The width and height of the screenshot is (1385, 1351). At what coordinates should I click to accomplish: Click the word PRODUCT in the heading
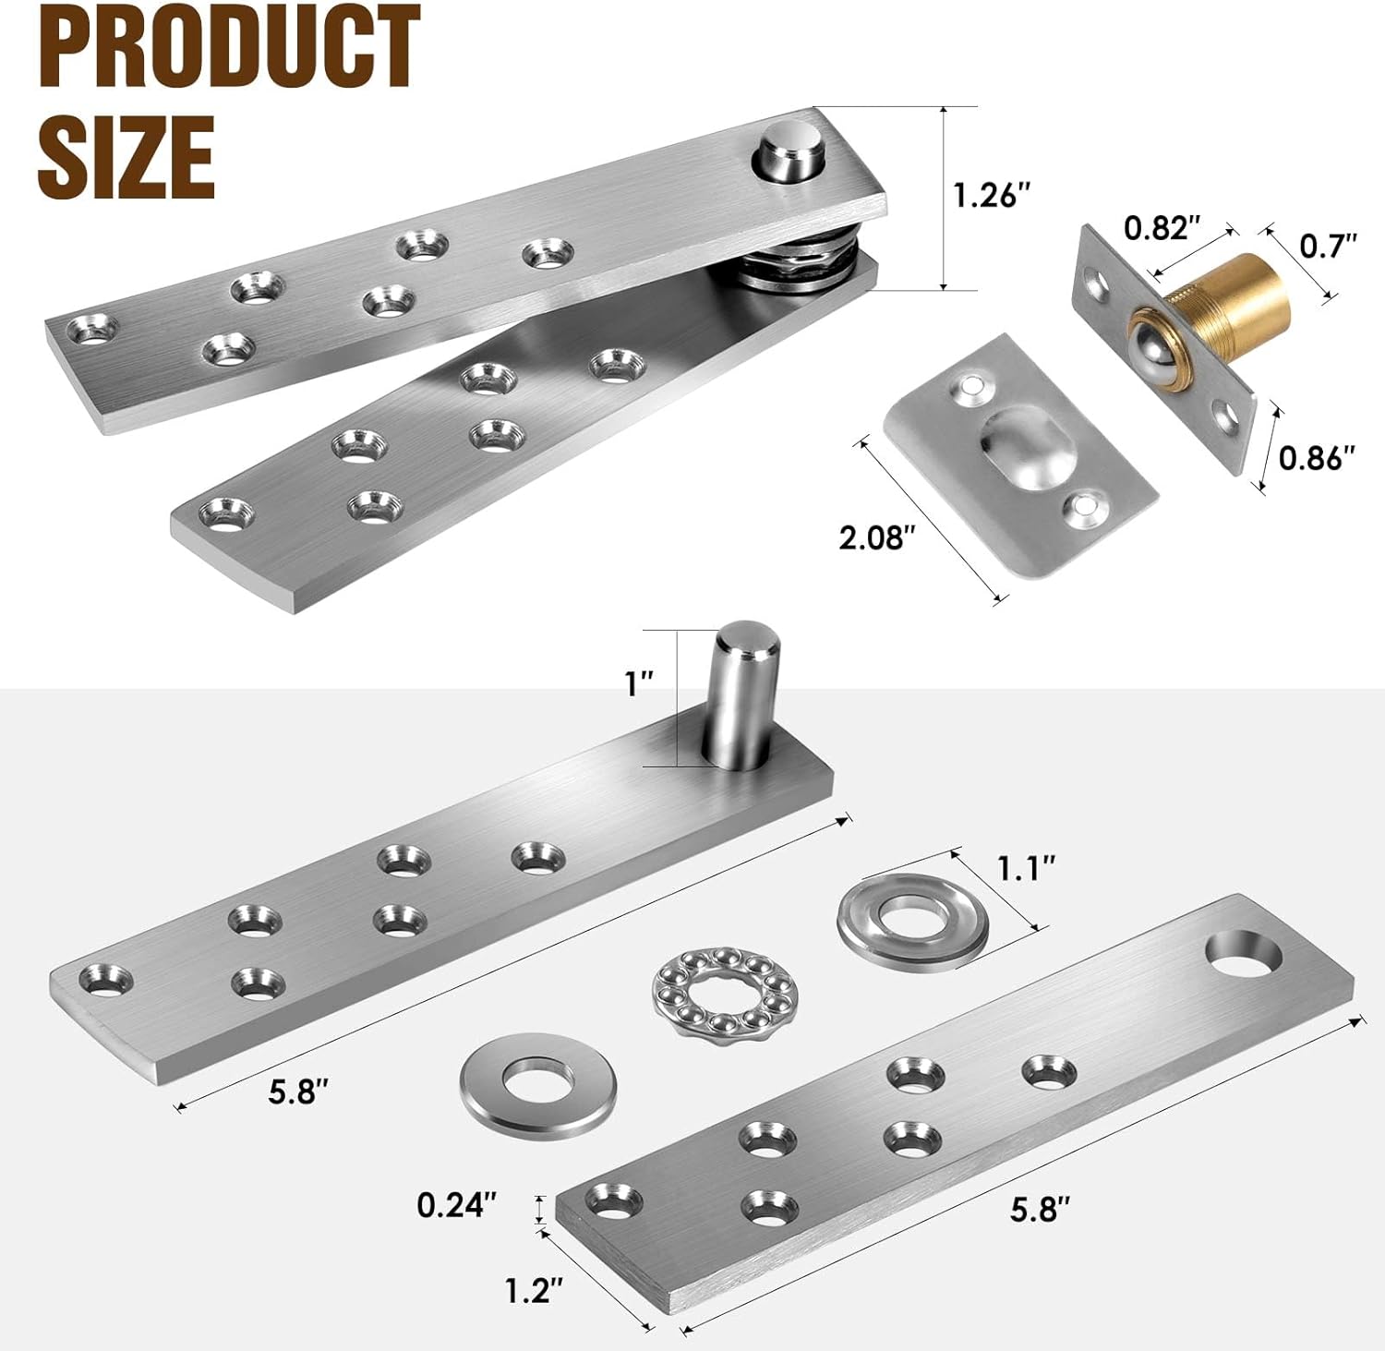point(229,46)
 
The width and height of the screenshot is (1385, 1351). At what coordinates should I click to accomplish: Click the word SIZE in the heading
point(126,155)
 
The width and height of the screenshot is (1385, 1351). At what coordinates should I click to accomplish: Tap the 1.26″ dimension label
point(992,196)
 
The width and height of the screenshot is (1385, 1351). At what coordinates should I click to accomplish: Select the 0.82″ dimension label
point(1162,228)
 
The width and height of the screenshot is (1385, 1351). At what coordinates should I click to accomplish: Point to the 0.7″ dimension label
point(1328,246)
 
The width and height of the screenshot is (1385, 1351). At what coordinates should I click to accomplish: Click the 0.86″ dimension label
point(1317,457)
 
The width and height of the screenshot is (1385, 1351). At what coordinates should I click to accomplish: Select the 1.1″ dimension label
point(1026,868)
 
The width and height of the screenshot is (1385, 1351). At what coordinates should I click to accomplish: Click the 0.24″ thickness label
point(457,1204)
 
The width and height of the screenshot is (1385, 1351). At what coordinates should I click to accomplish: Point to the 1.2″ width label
point(534,1290)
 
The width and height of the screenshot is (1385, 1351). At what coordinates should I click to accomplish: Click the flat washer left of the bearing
point(537,1082)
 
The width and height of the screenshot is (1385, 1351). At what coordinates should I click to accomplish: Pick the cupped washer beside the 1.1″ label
point(912,920)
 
